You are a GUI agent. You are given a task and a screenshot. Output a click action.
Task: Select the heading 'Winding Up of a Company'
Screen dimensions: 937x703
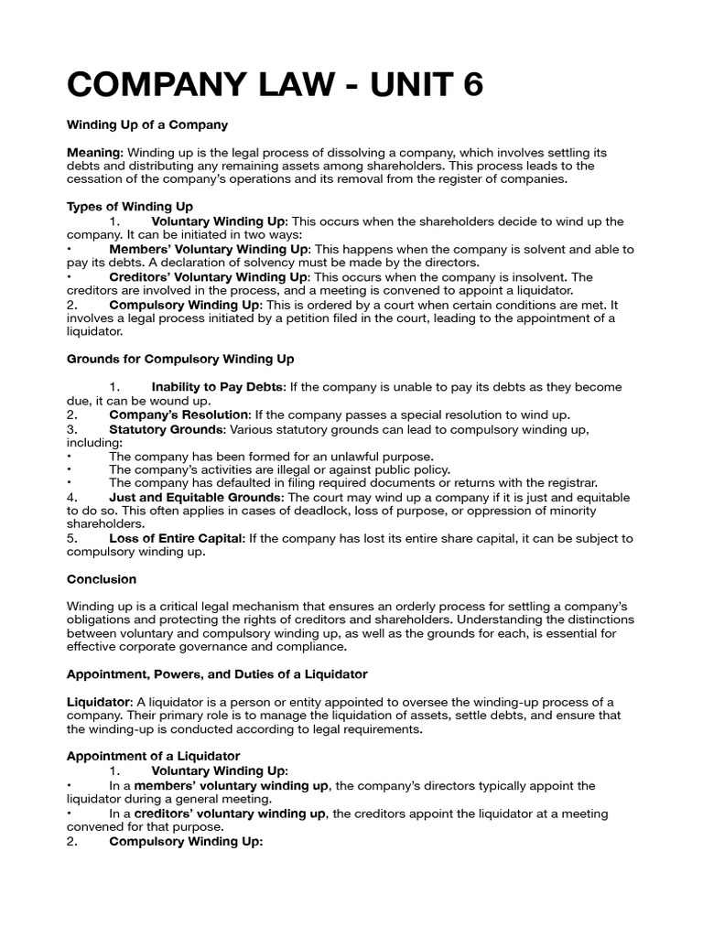click(146, 124)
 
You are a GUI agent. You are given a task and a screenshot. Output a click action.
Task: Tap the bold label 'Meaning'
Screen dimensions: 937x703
click(94, 152)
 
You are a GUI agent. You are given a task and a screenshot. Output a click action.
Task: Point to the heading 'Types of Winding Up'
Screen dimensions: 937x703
click(130, 207)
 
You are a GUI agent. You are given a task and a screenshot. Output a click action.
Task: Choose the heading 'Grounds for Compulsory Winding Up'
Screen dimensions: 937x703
click(180, 359)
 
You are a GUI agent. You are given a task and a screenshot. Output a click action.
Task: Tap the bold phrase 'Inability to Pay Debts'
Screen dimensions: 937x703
click(217, 387)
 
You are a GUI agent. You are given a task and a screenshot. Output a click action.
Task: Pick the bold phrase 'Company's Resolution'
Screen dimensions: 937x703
click(178, 415)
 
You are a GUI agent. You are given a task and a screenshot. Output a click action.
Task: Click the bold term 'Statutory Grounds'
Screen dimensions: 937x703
click(166, 428)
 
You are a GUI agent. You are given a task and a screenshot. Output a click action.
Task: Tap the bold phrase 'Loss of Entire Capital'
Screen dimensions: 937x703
click(176, 538)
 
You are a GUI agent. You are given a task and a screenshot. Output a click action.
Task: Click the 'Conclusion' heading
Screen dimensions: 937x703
click(102, 579)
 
